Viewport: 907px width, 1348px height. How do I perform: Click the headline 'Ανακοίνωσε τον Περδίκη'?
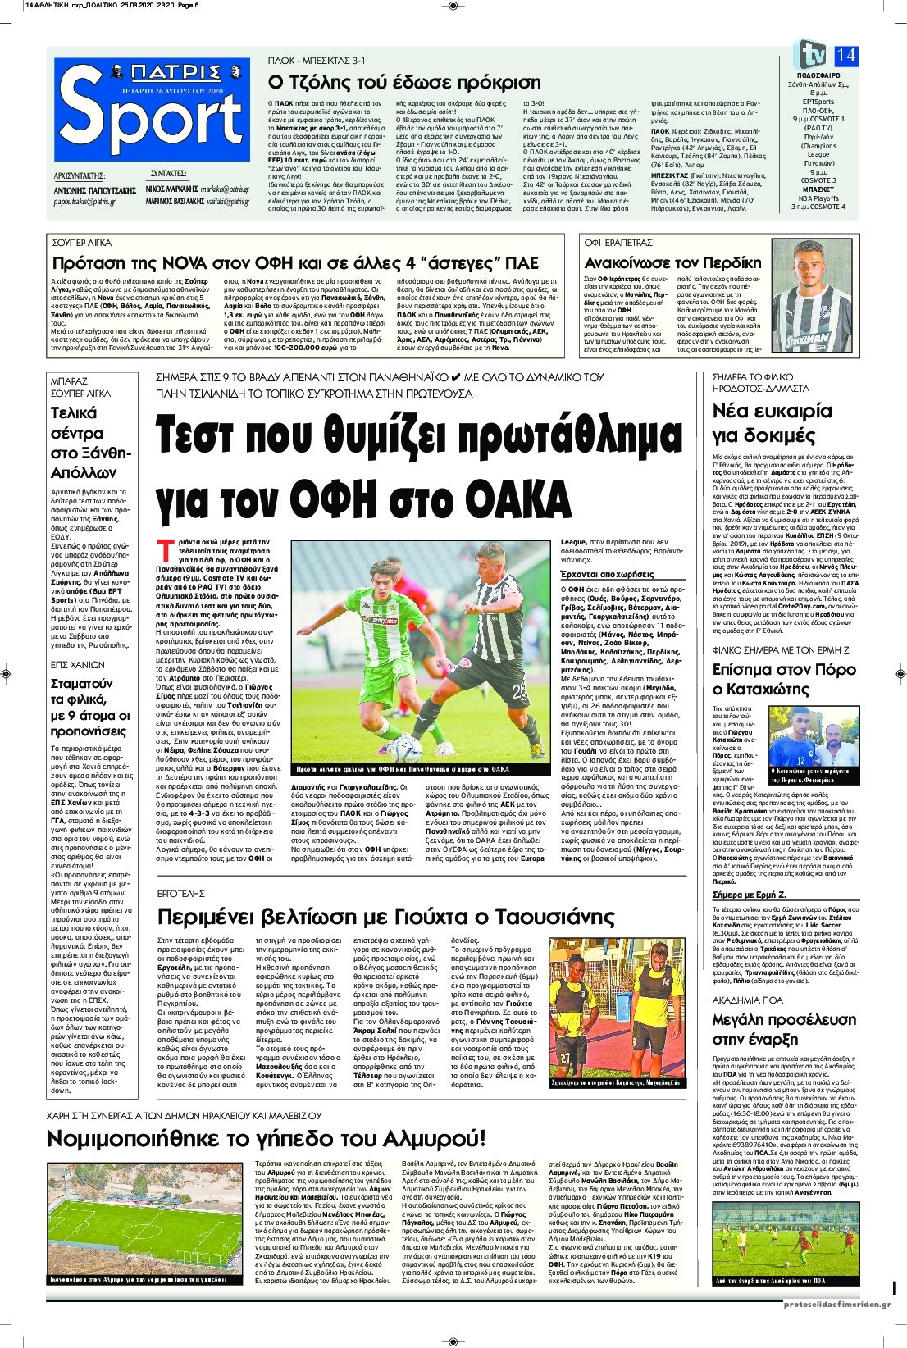(672, 263)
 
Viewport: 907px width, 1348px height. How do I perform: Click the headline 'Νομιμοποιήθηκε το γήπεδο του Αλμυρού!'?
(266, 1139)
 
